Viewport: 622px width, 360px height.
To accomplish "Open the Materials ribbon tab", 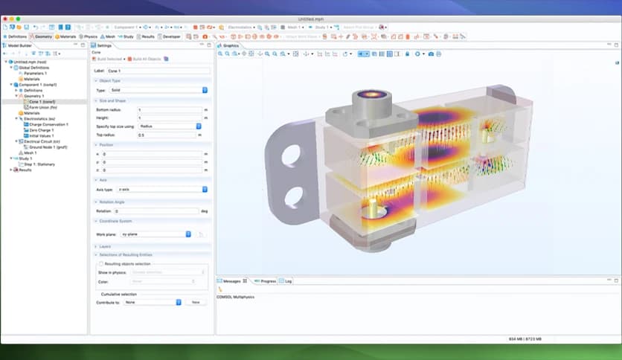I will [x=66, y=36].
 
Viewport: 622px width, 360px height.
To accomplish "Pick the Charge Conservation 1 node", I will [x=47, y=124].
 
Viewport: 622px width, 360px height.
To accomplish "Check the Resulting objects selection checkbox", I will [x=101, y=263].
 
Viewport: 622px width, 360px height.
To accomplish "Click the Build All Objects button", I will [x=146, y=59].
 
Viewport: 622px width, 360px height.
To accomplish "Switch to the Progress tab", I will [x=266, y=281].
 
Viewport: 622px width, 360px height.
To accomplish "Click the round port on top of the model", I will [x=367, y=97].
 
